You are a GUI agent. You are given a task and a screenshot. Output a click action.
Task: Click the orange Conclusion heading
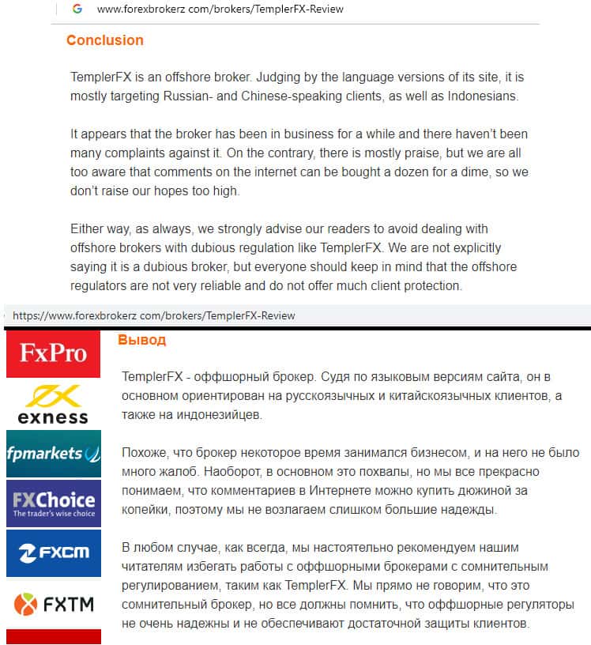[104, 40]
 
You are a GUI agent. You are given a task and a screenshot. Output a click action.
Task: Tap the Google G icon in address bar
[77, 9]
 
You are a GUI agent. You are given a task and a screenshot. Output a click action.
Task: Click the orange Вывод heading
[142, 340]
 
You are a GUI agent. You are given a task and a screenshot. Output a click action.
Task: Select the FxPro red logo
[53, 353]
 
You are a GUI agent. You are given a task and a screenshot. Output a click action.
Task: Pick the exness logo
[53, 404]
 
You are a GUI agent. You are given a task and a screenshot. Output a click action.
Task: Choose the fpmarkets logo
[53, 454]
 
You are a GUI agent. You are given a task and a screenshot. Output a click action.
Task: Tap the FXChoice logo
[53, 504]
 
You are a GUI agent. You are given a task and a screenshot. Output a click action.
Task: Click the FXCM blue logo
[53, 553]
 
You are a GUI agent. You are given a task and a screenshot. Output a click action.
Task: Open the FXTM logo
[53, 605]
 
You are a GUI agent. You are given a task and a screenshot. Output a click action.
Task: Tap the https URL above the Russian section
[153, 315]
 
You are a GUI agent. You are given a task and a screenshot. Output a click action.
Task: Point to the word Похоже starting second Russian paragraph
[145, 453]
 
